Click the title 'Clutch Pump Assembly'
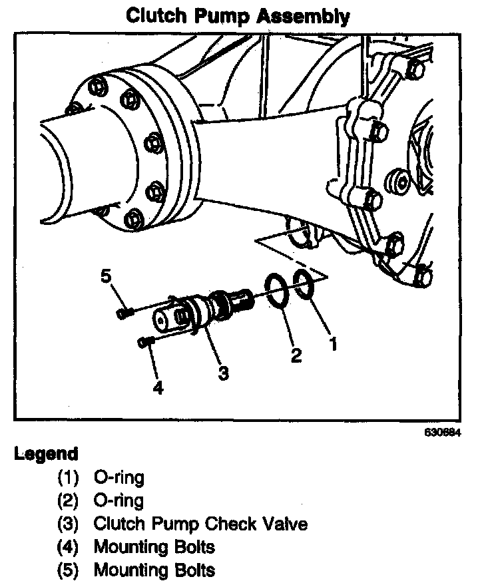click(x=238, y=15)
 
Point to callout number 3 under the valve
click(x=224, y=373)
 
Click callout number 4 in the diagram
click(x=158, y=388)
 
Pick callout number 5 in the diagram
click(x=106, y=276)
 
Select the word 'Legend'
click(x=46, y=455)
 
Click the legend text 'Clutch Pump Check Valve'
click(x=200, y=524)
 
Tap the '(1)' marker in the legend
click(x=67, y=477)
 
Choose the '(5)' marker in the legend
click(x=67, y=570)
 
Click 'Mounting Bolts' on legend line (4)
click(x=154, y=547)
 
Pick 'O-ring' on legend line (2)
click(x=119, y=500)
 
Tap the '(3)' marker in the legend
click(x=67, y=524)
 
